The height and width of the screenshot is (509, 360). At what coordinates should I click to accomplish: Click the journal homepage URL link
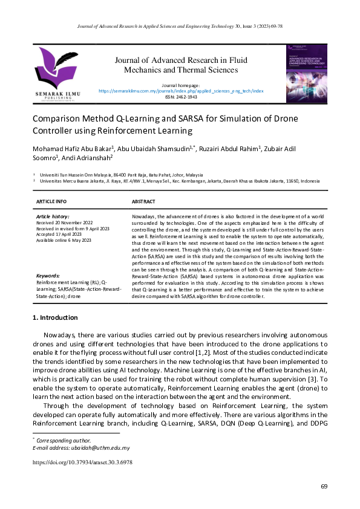pos(181,91)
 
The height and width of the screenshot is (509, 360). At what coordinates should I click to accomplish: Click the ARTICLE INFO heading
pos(51,201)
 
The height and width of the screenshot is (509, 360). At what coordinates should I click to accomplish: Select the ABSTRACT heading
pos(143,201)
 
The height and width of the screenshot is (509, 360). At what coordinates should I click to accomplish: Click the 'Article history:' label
pos(53,216)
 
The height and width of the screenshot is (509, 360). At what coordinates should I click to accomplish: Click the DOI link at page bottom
pos(82,462)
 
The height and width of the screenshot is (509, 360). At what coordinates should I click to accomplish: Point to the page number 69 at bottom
pos(324,487)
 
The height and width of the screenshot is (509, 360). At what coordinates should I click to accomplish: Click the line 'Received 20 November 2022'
pos(65,221)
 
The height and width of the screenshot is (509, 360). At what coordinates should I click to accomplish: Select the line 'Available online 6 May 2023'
pos(64,240)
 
